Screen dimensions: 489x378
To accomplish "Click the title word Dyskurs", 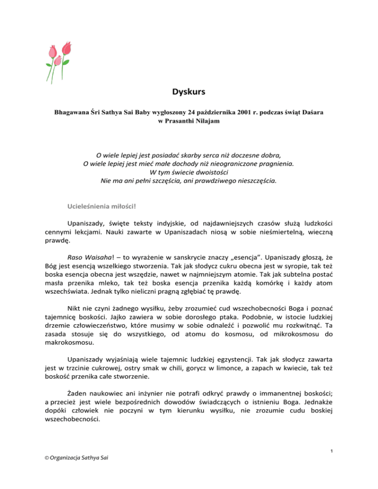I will (189, 91).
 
